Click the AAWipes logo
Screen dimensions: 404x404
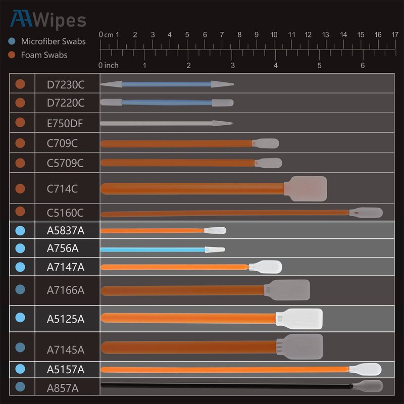[48, 20]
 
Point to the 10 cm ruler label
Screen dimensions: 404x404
[274, 35]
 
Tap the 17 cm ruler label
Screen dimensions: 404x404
[395, 35]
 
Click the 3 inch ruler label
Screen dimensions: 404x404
[232, 65]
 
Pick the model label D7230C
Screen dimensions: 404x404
[66, 84]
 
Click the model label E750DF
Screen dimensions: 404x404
[66, 122]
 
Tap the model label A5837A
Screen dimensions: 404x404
[66, 231]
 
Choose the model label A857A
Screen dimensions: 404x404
[62, 388]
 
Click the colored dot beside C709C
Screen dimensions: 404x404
[20, 143]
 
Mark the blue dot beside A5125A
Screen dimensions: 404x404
[20, 318]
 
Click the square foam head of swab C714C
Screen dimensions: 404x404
[306, 188]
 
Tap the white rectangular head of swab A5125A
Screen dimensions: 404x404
[299, 319]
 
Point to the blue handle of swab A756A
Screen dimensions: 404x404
[151, 249]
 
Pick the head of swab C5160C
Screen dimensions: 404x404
[366, 213]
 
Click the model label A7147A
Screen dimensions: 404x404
[66, 267]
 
